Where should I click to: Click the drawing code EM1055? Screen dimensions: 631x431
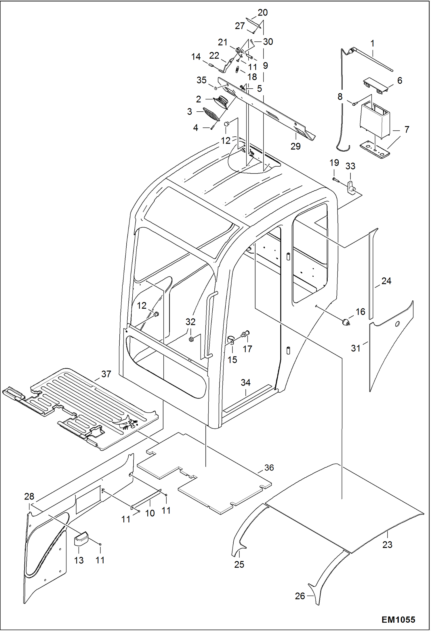point(398,619)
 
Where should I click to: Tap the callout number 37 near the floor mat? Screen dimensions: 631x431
point(106,374)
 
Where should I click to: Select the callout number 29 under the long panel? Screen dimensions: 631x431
point(295,146)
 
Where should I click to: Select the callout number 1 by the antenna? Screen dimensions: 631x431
point(372,43)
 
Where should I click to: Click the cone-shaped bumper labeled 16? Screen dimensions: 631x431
point(346,322)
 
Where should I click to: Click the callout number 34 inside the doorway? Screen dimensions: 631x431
point(245,382)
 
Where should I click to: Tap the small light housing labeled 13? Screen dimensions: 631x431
point(81,538)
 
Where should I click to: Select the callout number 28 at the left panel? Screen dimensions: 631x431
point(29,496)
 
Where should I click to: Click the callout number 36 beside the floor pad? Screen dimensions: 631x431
point(269,468)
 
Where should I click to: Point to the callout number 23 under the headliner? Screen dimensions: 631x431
point(387,544)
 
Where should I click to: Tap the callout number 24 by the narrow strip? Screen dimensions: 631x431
point(386,281)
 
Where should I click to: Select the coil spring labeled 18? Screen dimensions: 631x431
point(237,70)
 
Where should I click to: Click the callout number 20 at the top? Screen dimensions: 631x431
point(262,12)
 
